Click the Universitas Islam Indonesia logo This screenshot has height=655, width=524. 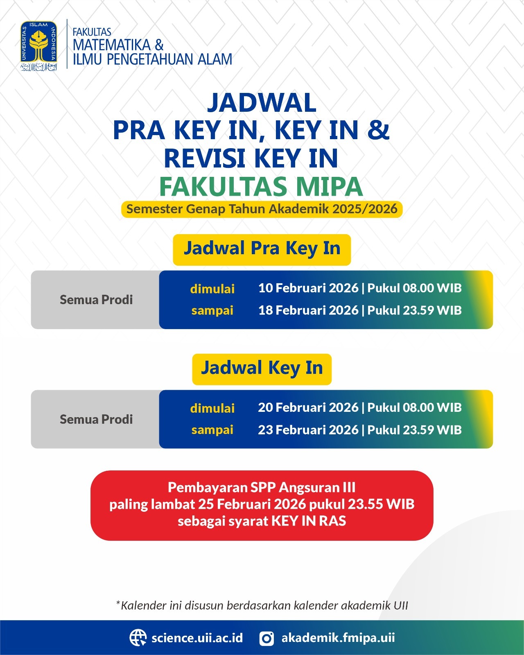point(38,46)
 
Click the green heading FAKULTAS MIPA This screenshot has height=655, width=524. point(261,187)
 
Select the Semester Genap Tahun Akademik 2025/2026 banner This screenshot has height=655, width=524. point(262,209)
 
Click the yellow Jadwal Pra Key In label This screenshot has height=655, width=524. point(262,249)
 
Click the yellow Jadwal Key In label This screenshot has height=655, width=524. point(262,368)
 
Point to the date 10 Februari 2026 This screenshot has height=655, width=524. point(308,288)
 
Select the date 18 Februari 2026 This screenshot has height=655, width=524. point(308,310)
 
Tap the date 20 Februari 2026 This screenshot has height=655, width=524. point(308,408)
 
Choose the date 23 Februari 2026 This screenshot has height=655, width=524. point(308,430)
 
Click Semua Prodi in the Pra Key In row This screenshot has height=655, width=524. point(96,300)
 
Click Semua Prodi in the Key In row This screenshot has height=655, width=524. point(96,419)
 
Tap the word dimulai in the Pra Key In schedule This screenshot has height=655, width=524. point(212,289)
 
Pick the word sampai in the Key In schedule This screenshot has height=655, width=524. point(212,430)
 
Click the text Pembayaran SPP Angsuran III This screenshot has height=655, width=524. point(262,488)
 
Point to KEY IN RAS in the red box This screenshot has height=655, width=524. point(309,521)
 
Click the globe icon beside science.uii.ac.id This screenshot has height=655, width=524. point(138,638)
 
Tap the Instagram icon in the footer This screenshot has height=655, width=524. point(267,638)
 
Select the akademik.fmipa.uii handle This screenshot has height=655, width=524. point(338,638)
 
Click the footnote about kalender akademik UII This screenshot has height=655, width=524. point(262,605)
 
